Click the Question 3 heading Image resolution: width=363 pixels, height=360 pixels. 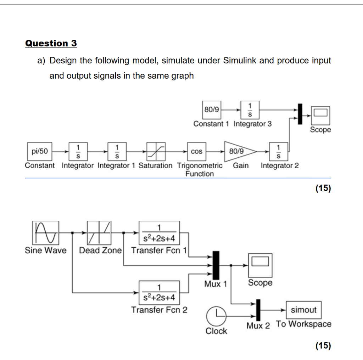(51, 44)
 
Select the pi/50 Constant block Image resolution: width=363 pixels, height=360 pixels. (39, 152)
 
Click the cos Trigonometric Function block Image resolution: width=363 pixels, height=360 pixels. (197, 152)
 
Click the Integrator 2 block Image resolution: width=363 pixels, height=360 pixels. (278, 152)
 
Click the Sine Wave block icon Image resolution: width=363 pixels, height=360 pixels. (45, 233)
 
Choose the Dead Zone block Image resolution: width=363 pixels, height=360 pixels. (99, 233)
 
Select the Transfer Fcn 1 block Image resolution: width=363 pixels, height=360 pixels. (159, 233)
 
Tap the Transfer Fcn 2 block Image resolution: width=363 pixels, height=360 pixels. (159, 292)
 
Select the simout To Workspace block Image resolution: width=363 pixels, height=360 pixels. (303, 310)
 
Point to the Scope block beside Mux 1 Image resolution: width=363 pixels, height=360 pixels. (260, 265)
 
